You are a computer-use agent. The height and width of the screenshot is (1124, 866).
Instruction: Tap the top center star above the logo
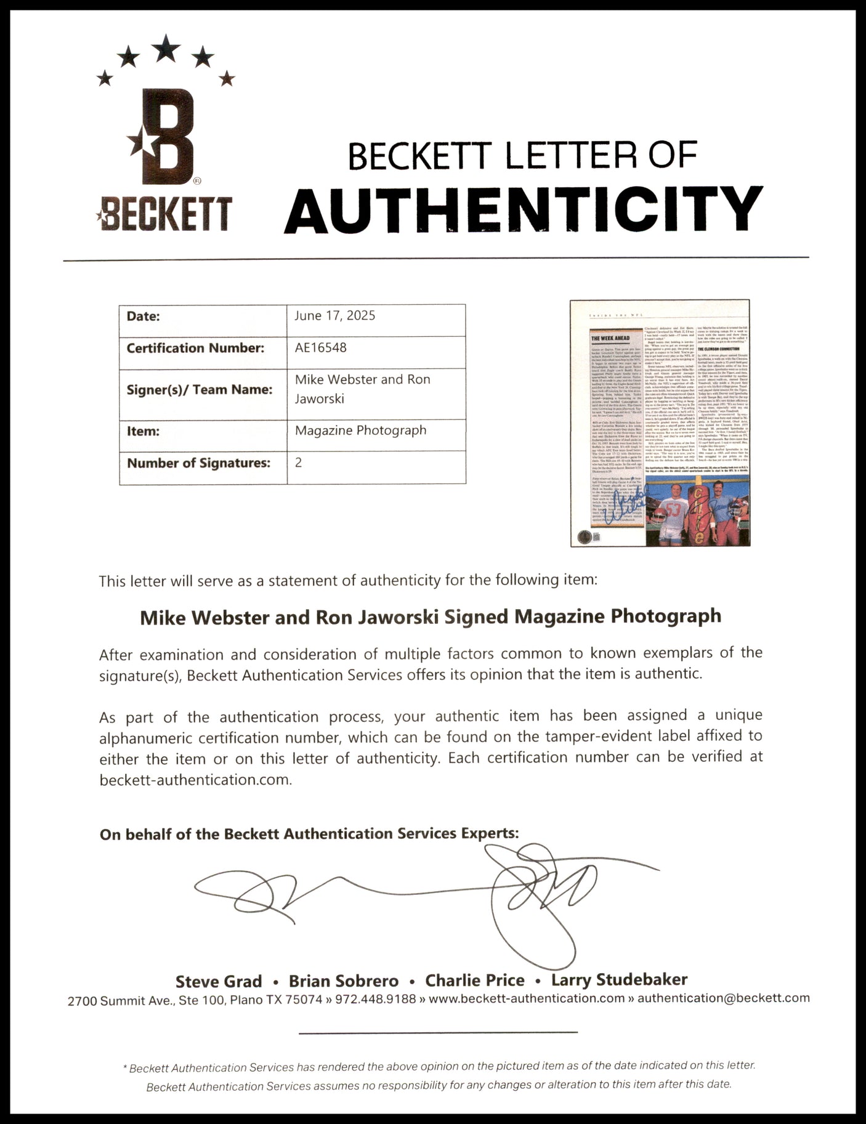coord(166,47)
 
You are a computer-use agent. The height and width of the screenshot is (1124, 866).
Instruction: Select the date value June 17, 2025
coord(334,316)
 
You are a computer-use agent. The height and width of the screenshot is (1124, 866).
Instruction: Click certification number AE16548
coord(320,347)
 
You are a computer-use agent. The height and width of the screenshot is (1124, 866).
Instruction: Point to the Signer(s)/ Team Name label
coord(200,389)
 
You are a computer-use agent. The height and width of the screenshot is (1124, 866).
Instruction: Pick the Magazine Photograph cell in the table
coord(360,431)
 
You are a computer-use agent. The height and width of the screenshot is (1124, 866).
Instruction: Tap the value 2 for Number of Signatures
coord(299,463)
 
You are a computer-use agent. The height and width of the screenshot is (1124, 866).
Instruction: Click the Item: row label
coord(142,431)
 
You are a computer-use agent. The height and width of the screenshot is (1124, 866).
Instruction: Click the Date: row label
coord(143,317)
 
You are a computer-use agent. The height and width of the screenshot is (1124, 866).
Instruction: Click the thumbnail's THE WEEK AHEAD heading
coord(610,338)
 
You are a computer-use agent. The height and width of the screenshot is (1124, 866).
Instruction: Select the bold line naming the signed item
coord(430,617)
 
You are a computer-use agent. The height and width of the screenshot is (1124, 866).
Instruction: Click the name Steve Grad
coord(219,981)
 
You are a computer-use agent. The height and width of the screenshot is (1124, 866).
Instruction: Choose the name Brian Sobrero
coord(343,981)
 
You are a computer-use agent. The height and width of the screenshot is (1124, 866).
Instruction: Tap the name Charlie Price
coord(474,980)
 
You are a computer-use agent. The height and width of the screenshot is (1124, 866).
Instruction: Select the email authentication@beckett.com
coord(723,998)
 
